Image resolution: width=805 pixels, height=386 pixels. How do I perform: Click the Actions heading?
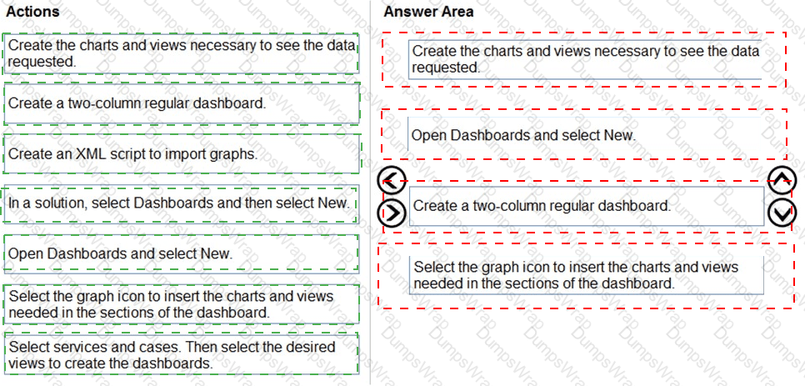[32, 11]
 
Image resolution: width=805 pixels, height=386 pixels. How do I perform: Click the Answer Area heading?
[428, 11]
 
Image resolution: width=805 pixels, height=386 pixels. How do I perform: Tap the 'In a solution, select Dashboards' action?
[180, 203]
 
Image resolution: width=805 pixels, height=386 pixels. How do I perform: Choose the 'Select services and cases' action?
[181, 354]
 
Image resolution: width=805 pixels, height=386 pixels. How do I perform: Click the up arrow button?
[782, 180]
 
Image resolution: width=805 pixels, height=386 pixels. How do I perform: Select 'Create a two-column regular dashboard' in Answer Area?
[587, 206]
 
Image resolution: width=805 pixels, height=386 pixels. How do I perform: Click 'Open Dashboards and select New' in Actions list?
[181, 253]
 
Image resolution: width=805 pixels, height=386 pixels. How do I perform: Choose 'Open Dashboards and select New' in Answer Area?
[585, 136]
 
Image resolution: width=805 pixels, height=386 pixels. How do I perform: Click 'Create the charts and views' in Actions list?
[181, 53]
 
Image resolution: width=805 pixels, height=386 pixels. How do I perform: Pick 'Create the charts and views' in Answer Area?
[585, 59]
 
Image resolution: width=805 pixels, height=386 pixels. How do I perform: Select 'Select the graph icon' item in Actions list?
[181, 303]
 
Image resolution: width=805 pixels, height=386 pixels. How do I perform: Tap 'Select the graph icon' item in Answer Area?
[587, 275]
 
